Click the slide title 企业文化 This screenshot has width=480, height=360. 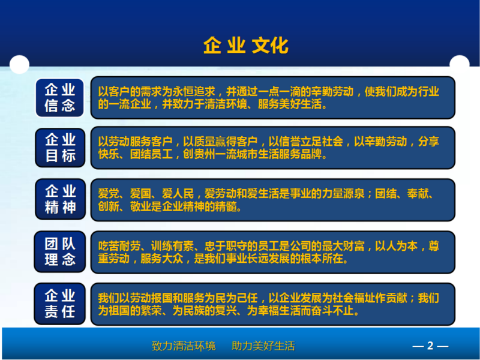click(x=246, y=46)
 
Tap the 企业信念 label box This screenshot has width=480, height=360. click(x=59, y=98)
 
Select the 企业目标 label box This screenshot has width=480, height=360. click(x=60, y=148)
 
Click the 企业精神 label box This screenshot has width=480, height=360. click(x=61, y=199)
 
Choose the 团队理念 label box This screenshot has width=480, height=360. click(x=59, y=251)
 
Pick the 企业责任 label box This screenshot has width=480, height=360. click(x=59, y=304)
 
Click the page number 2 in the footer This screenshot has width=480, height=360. click(x=430, y=346)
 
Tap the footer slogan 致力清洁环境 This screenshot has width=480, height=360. click(x=184, y=346)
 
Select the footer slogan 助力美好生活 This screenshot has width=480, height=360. click(x=263, y=346)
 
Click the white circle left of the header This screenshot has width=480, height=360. click(x=19, y=65)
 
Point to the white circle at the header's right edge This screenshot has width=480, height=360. click(x=459, y=63)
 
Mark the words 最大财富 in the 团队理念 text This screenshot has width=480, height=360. click(x=343, y=246)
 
